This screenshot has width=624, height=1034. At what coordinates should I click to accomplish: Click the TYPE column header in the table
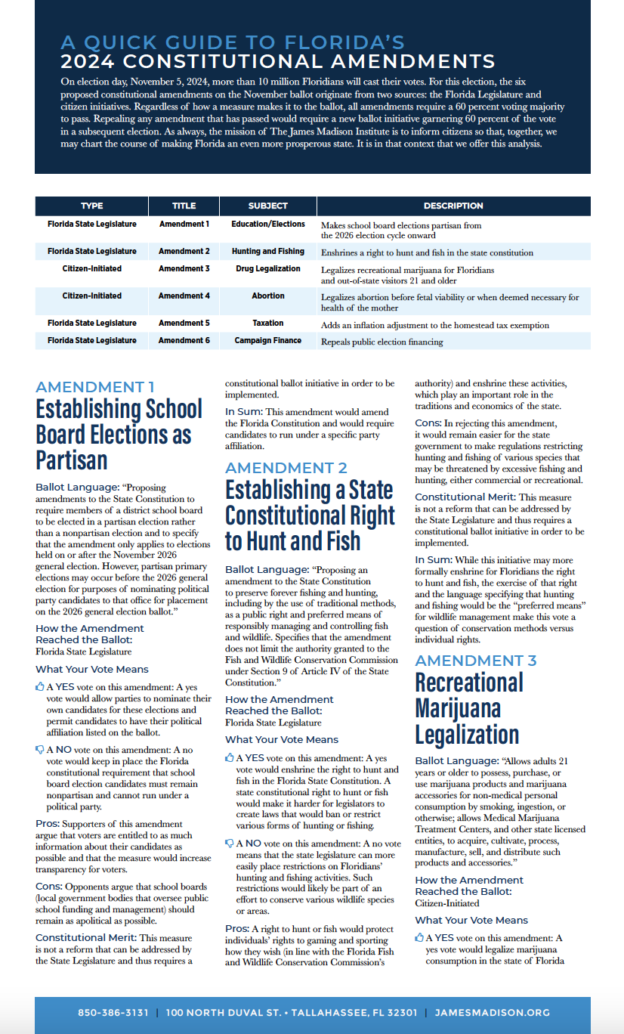click(92, 206)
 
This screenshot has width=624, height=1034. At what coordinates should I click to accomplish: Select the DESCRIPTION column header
click(453, 206)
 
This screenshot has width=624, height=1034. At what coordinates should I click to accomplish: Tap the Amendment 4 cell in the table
click(184, 296)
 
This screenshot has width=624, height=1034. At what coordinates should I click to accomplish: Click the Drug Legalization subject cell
click(268, 268)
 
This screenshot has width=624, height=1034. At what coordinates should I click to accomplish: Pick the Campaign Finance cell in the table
click(268, 340)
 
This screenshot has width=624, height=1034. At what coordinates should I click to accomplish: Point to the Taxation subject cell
click(268, 323)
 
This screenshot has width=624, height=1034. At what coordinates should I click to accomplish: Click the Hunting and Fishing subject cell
click(268, 251)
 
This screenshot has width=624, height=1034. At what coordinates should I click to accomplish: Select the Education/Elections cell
click(268, 224)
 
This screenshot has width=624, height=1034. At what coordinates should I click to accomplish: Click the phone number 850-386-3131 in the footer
click(113, 1013)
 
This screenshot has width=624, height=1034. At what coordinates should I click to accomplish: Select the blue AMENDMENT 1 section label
click(90, 387)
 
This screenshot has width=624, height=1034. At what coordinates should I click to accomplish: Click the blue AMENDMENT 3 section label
click(476, 661)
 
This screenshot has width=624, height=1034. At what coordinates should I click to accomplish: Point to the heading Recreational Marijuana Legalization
click(469, 708)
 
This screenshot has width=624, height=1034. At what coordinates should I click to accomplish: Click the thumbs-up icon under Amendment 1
click(40, 687)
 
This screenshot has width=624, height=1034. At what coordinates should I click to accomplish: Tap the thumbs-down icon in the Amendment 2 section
click(230, 843)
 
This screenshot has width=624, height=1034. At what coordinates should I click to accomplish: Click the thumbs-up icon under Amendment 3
click(419, 938)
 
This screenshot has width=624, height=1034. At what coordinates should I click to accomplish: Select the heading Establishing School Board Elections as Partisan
click(119, 435)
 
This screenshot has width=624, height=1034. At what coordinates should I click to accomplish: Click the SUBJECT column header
click(268, 206)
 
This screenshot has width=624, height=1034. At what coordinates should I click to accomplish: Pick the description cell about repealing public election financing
click(382, 342)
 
